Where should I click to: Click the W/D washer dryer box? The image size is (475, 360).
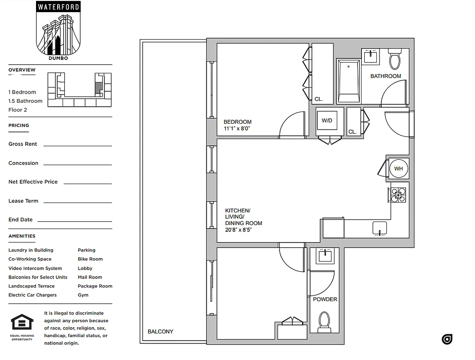pyautogui.click(x=327, y=121)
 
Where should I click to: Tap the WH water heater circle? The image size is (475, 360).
pyautogui.click(x=398, y=169)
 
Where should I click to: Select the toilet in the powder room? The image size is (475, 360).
pyautogui.click(x=324, y=322)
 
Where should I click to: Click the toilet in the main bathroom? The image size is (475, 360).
pyautogui.click(x=395, y=60)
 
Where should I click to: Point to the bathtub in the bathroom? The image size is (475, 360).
pyautogui.click(x=348, y=81)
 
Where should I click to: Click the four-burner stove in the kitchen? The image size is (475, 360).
pyautogui.click(x=398, y=195)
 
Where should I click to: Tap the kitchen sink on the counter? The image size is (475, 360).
pyautogui.click(x=380, y=229)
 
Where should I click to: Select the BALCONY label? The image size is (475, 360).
pyautogui.click(x=160, y=332)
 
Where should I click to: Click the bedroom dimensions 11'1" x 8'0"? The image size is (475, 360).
pyautogui.click(x=236, y=129)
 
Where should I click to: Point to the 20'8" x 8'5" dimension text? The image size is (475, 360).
pyautogui.click(x=238, y=230)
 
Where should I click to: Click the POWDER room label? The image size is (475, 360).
pyautogui.click(x=325, y=299)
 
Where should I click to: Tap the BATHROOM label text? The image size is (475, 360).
pyautogui.click(x=385, y=76)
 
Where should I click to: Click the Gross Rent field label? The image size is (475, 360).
pyautogui.click(x=23, y=144)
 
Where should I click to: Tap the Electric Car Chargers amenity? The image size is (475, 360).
pyautogui.click(x=32, y=295)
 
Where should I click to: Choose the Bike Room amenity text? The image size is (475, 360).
pyautogui.click(x=90, y=259)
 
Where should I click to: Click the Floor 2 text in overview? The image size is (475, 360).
pyautogui.click(x=18, y=110)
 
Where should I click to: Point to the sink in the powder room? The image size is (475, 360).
pyautogui.click(x=324, y=256)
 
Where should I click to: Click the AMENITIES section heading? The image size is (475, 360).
pyautogui.click(x=22, y=236)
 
